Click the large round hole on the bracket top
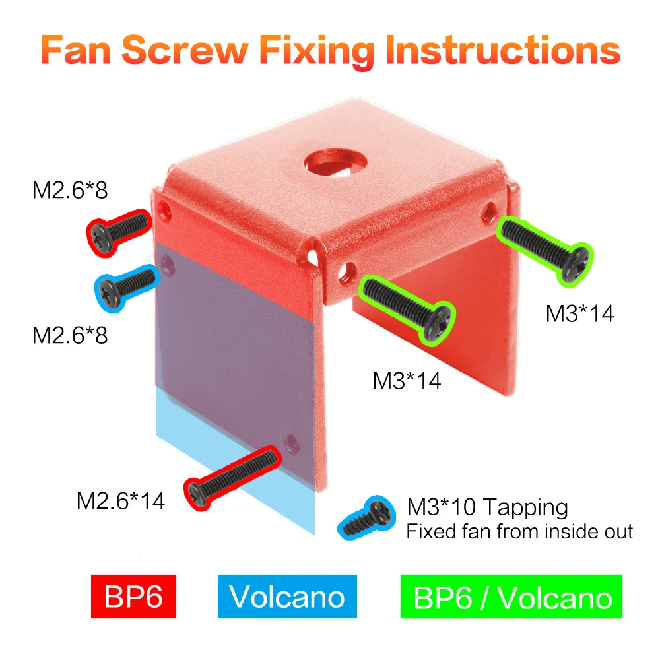(335, 162)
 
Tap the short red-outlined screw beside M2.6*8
(119, 232)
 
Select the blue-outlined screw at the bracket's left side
(125, 288)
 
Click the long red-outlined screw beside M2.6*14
(232, 478)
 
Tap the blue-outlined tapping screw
(366, 518)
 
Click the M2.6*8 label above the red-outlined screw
(70, 190)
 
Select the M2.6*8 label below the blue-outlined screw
(70, 335)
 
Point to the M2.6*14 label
(120, 501)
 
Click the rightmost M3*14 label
(579, 313)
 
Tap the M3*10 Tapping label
(488, 507)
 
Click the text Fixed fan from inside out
(519, 531)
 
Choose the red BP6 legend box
(133, 596)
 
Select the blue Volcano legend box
(287, 596)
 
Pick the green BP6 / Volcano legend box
(511, 596)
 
